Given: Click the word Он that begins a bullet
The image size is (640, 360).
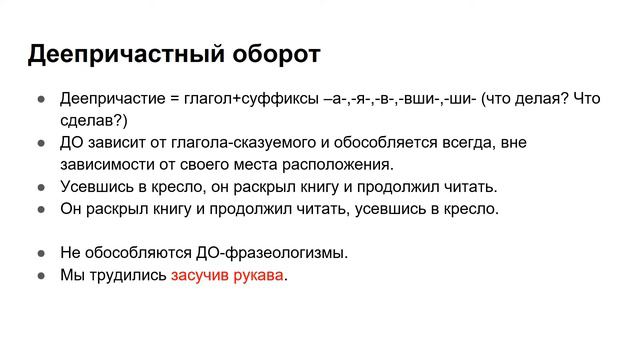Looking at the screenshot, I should click(71, 209).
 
